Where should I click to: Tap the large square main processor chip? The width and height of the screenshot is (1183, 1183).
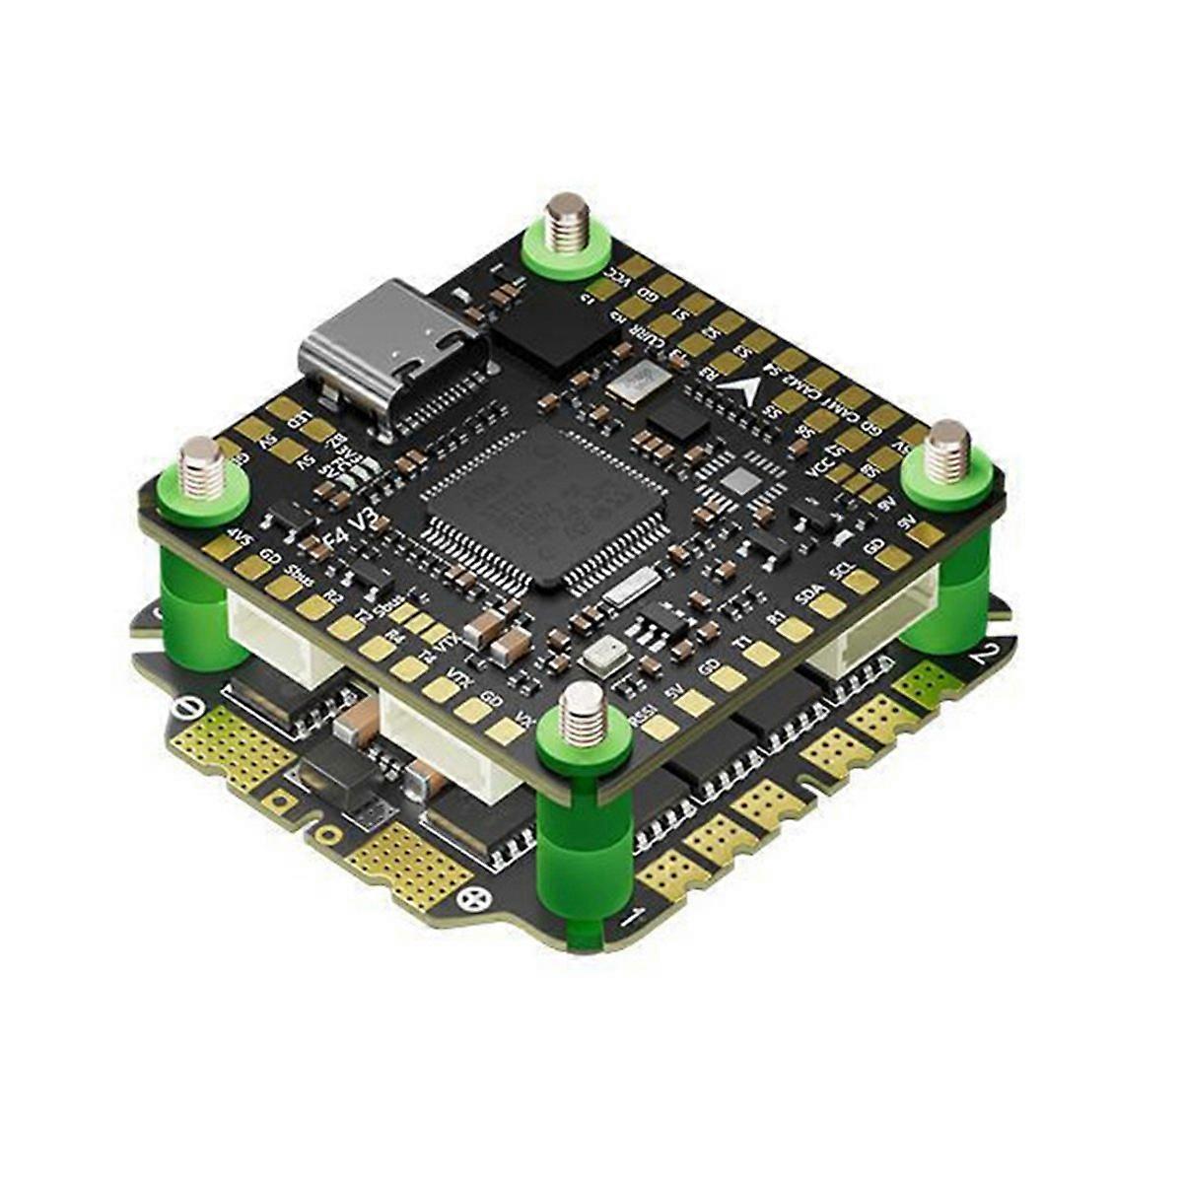pos(545,502)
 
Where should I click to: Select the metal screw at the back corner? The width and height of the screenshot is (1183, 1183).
pos(566,222)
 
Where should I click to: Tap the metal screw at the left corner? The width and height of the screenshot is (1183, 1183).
pos(202,464)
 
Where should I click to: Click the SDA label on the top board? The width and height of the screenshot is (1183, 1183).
pos(807,595)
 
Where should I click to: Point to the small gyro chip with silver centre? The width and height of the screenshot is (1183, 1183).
pos(739,481)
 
